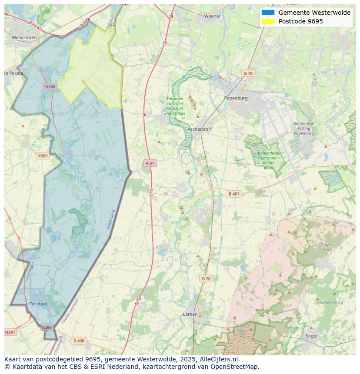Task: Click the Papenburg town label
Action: (236, 98)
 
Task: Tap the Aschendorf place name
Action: (199, 129)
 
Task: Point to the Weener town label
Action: (213, 16)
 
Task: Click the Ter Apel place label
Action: (38, 304)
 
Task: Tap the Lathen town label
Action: (190, 314)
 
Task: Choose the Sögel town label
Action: (311, 336)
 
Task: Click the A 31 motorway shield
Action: (150, 163)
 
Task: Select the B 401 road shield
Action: (234, 194)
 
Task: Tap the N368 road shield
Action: (50, 87)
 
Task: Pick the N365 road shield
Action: (43, 156)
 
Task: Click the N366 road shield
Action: (47, 328)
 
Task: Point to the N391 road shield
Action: (10, 332)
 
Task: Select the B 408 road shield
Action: (79, 341)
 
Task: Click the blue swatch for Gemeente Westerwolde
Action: (268, 13)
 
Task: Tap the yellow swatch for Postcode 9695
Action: (268, 21)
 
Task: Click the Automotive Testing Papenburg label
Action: (303, 129)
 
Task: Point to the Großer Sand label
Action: (327, 247)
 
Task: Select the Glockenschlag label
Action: (330, 302)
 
